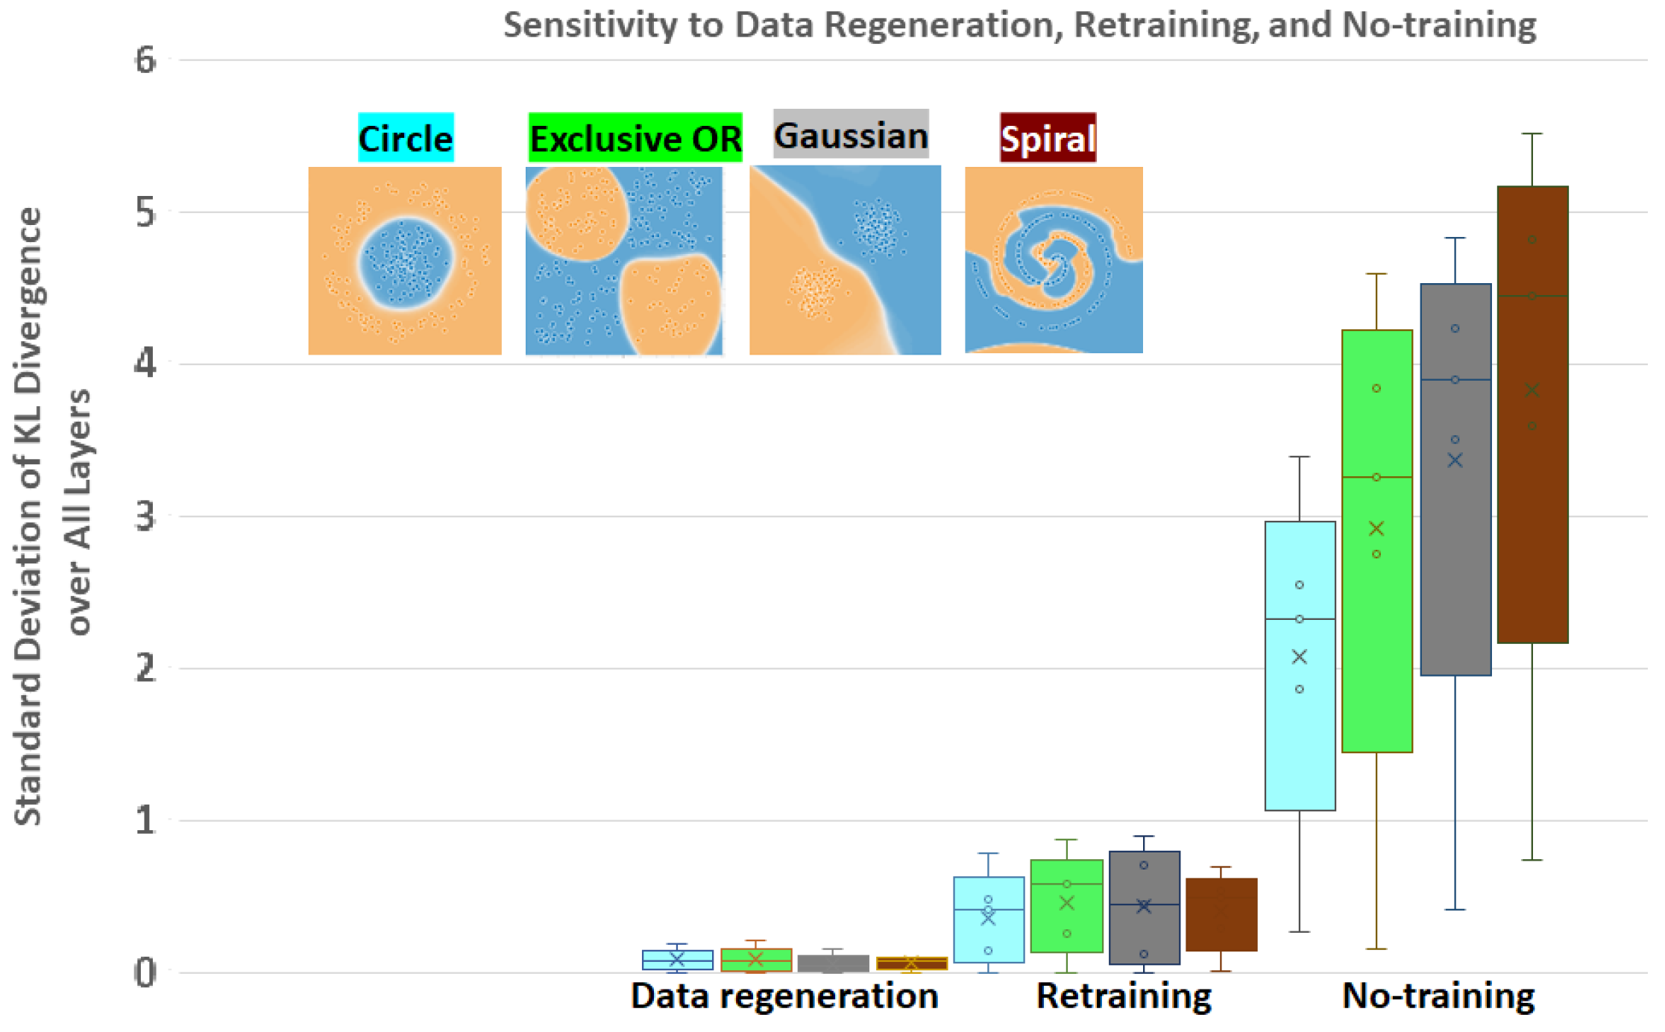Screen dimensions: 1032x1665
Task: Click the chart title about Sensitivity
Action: coord(1019,25)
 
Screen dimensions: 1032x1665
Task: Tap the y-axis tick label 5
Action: coord(146,212)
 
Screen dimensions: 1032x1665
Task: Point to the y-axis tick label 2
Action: coord(146,668)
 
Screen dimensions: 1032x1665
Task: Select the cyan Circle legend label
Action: coord(406,139)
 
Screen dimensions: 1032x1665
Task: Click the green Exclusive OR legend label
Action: coord(635,139)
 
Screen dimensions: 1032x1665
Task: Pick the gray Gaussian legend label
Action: coord(851,135)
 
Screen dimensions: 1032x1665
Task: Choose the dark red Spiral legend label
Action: coord(1048,139)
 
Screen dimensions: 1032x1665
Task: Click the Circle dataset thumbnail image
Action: coord(405,260)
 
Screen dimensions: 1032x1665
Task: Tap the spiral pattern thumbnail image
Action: coord(1054,259)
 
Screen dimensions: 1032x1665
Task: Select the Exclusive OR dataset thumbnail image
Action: coord(624,260)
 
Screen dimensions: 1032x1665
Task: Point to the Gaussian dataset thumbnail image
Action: coord(845,259)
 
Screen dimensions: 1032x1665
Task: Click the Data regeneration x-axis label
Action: coord(784,996)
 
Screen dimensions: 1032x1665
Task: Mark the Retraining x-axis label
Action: coord(1124,996)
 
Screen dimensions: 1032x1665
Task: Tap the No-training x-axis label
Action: coord(1438,996)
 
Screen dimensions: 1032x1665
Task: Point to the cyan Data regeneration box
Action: coord(677,960)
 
